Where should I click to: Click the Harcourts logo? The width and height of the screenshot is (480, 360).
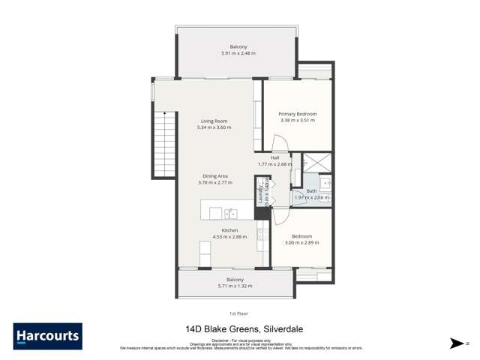(x=47, y=336)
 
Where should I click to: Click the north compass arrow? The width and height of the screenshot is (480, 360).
(x=455, y=343)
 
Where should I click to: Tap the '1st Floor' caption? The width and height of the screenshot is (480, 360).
(x=239, y=313)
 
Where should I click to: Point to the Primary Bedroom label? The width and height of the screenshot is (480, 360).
(x=297, y=114)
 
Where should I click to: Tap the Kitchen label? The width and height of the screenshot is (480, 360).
(x=229, y=230)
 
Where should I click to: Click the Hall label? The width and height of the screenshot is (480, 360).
(x=275, y=157)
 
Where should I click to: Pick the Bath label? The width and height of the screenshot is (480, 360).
(x=311, y=191)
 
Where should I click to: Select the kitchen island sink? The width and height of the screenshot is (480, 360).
(x=232, y=213)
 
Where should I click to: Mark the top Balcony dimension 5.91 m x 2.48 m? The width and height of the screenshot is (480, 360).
(x=238, y=54)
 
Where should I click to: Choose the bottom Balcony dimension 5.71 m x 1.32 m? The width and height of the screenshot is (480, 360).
(x=235, y=286)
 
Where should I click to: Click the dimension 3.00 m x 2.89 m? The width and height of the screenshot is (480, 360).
(x=301, y=243)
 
